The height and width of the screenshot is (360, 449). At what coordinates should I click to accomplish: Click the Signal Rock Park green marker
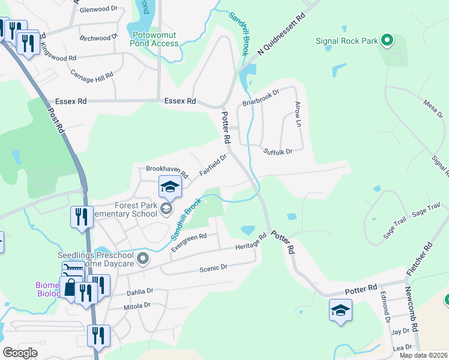coord(387,41)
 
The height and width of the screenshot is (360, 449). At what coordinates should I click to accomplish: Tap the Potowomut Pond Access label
coord(155,40)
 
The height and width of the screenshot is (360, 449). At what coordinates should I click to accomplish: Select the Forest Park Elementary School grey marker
coord(167,208)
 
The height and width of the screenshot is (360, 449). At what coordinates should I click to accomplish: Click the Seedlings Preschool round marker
coord(142,259)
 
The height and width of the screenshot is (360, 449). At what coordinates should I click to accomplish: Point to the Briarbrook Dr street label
coord(261,98)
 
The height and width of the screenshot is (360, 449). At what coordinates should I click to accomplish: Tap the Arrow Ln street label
coord(298,114)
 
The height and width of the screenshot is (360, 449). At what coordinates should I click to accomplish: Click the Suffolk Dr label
coord(277,152)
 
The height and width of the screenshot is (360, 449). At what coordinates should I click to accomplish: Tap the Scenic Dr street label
coord(214,268)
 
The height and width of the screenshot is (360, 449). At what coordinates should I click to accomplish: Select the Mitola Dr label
coord(137,305)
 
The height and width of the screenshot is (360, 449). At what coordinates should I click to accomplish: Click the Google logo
coord(20,353)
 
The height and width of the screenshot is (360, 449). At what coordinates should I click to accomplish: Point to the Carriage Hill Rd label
coord(92,74)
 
